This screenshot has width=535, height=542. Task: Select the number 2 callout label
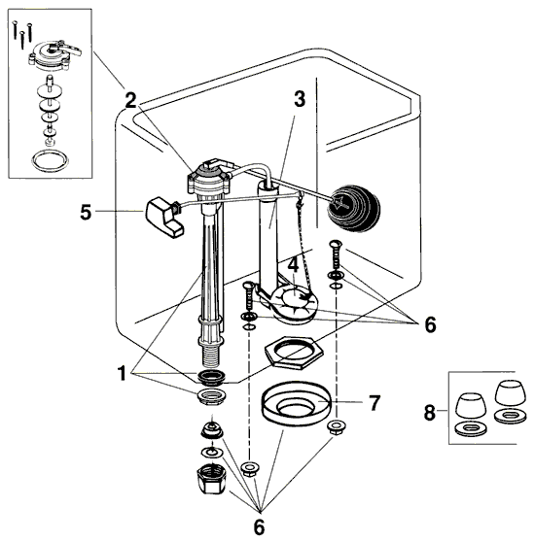click(129, 97)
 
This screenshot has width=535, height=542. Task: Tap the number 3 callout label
click(299, 98)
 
